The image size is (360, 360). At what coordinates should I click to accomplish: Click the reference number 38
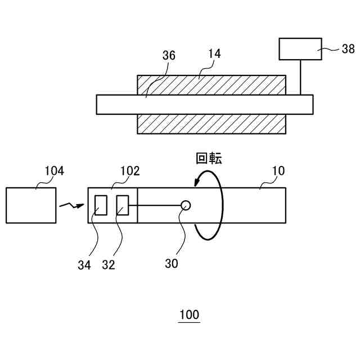pos(348,49)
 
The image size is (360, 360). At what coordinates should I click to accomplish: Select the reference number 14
pos(214,54)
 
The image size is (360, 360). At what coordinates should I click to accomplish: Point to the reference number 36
pos(169,55)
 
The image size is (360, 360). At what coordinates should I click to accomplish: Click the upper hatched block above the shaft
pos(211,85)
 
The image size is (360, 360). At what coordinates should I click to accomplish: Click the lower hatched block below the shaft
pos(211,124)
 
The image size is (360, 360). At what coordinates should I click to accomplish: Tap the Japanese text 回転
pos(209,158)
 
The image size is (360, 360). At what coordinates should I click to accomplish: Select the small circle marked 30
pos(185,205)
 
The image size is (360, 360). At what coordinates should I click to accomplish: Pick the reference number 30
pos(172,263)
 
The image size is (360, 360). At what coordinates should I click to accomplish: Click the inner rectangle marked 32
pos(123,205)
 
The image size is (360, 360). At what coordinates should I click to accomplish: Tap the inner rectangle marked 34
pos(101,205)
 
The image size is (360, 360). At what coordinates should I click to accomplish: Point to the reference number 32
pos(109,265)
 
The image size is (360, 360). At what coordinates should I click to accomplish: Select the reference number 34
pos(84,265)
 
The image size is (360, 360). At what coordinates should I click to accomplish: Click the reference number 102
pos(130,170)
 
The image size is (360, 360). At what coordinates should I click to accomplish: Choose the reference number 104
pos(54,170)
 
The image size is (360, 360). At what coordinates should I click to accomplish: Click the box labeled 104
pos(31,205)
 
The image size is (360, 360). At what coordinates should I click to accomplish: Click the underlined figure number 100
pos(189,314)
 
